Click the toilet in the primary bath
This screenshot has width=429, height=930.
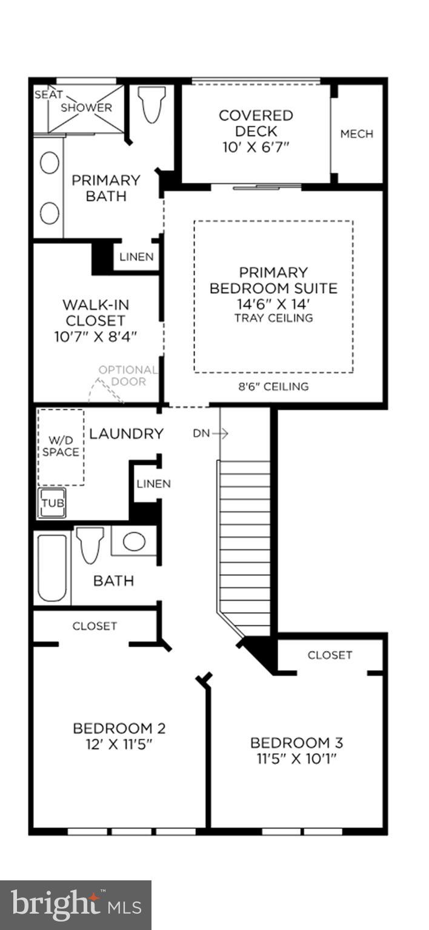coord(152,104)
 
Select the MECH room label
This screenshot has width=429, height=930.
coord(356,134)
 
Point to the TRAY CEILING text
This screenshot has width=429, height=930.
coord(274,318)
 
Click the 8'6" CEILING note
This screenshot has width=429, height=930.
coord(273,386)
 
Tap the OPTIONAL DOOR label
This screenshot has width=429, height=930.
coord(128,375)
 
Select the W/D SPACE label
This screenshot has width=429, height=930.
coord(61,446)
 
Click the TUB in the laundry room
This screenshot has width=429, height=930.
coord(53,503)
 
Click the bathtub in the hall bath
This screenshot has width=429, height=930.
coord(52,567)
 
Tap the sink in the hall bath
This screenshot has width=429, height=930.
coord(134,541)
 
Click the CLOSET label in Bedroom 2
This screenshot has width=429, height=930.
coord(95,626)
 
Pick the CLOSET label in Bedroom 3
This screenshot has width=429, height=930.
coord(330,655)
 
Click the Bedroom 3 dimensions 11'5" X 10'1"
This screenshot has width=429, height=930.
coord(297,759)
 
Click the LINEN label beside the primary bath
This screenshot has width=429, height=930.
coord(136,257)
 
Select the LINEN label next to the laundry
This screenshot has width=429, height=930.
coord(153,484)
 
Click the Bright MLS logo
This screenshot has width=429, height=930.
coord(75,905)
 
